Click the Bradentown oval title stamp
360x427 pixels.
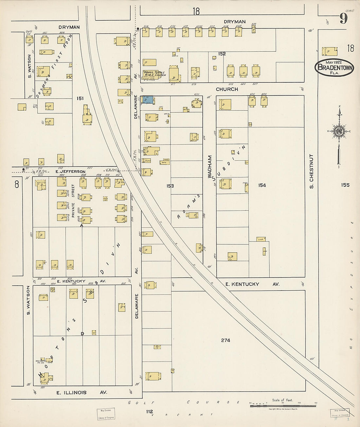point(334,67)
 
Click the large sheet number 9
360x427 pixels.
point(343,18)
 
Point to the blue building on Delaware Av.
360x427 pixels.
point(147,100)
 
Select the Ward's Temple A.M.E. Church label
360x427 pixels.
point(154,74)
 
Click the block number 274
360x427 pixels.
point(225,340)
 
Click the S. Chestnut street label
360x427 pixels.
point(311,171)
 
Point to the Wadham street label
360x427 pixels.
point(210,167)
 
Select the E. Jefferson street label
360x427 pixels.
point(70,171)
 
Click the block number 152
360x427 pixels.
point(222,54)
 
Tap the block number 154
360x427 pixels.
point(262,185)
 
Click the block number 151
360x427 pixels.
point(80,98)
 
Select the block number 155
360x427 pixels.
point(345,185)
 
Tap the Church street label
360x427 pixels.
point(226,89)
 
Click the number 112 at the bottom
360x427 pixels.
point(150,411)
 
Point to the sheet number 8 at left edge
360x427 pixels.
point(17,184)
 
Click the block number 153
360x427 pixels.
point(170,186)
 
